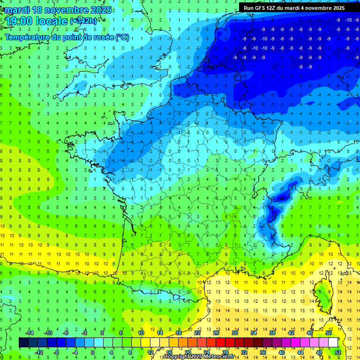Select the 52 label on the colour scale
[338, 352]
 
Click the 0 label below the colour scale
[92, 352]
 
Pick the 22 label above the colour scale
[197, 332]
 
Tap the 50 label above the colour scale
[329, 332]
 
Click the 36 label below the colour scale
[263, 352]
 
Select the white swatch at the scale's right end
[333, 342]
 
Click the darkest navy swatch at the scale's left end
[23, 342]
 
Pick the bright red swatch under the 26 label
[220, 342]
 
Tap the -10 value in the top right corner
[348, 20]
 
